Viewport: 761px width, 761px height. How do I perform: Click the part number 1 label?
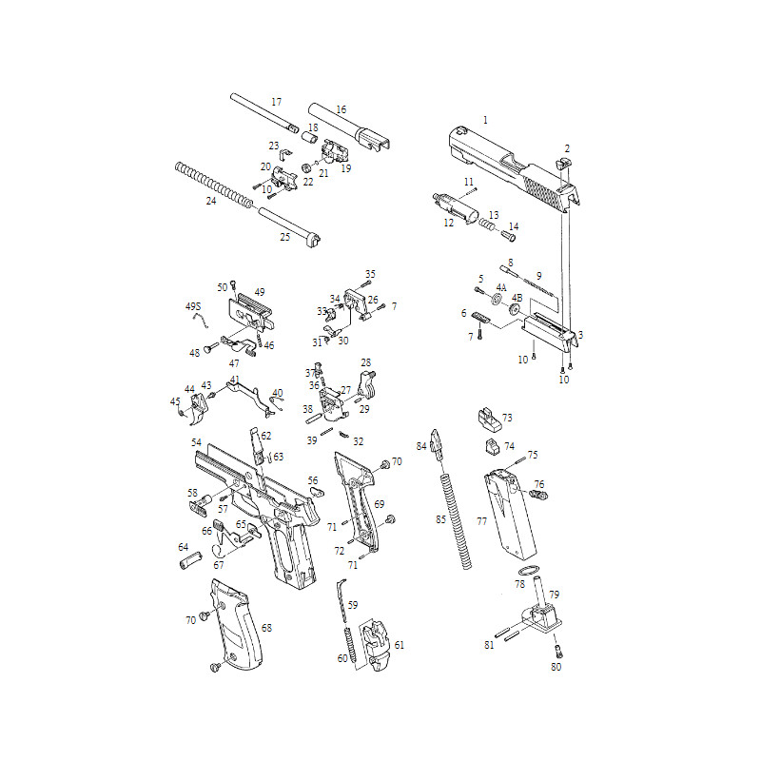click(485, 120)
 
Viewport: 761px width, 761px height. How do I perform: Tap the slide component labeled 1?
click(504, 162)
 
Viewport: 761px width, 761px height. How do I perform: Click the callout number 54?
click(196, 443)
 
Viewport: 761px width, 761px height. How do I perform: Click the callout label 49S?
click(193, 306)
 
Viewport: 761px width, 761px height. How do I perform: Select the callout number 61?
click(400, 645)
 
